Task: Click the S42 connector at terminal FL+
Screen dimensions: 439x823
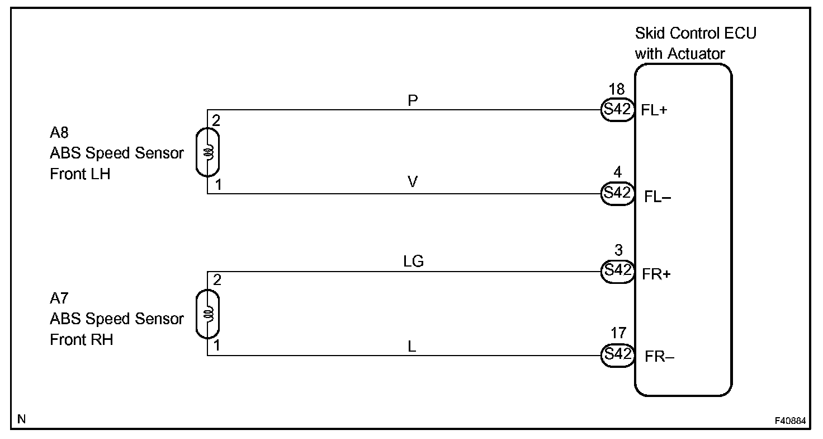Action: pyautogui.click(x=617, y=110)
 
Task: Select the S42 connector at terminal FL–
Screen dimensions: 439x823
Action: pyautogui.click(x=617, y=193)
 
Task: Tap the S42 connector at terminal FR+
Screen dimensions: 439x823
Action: pyautogui.click(x=617, y=270)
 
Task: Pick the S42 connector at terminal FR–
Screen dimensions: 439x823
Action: pyautogui.click(x=617, y=354)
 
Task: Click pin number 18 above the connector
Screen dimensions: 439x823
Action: pyautogui.click(x=617, y=90)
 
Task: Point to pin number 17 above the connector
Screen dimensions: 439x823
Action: pyautogui.click(x=618, y=334)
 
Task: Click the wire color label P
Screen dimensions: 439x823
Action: pyautogui.click(x=414, y=100)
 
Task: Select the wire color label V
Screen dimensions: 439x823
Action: pyautogui.click(x=413, y=183)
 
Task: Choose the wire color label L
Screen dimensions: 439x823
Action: pyautogui.click(x=412, y=347)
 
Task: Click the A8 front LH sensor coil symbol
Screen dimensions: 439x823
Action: pyautogui.click(x=208, y=152)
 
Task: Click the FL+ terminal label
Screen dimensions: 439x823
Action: pyautogui.click(x=654, y=110)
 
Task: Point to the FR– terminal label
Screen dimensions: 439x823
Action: pyautogui.click(x=659, y=357)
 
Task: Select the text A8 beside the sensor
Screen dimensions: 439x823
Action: pyautogui.click(x=59, y=133)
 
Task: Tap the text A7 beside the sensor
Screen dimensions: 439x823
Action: pyautogui.click(x=59, y=298)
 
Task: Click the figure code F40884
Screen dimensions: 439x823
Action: pyautogui.click(x=790, y=420)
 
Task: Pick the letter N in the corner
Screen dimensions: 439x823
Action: pyautogui.click(x=22, y=419)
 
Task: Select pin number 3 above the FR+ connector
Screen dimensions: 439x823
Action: pyautogui.click(x=618, y=251)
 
